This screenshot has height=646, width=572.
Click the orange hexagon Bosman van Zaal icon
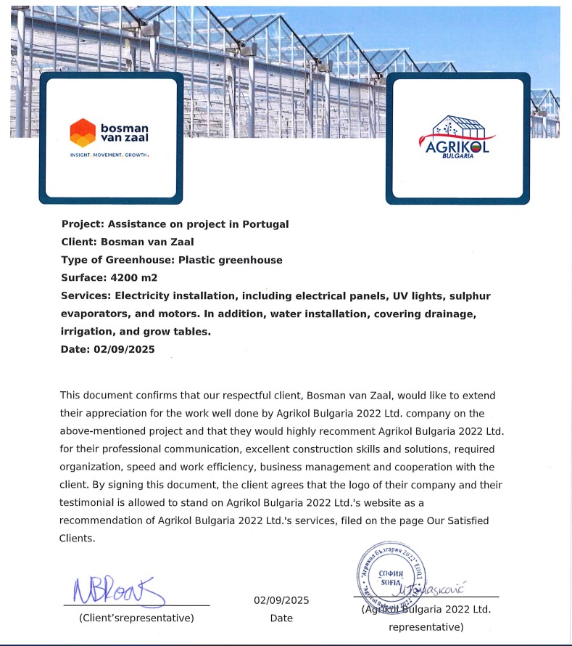coord(82,133)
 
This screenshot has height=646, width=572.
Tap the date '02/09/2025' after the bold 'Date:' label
coord(124,349)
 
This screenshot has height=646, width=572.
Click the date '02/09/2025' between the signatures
coord(281,600)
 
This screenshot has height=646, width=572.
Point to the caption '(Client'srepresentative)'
coord(136,618)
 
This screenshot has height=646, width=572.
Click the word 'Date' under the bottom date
coord(281,618)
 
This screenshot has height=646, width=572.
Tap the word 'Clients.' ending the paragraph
coord(77,538)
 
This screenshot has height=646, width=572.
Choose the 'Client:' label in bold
coord(78,242)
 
